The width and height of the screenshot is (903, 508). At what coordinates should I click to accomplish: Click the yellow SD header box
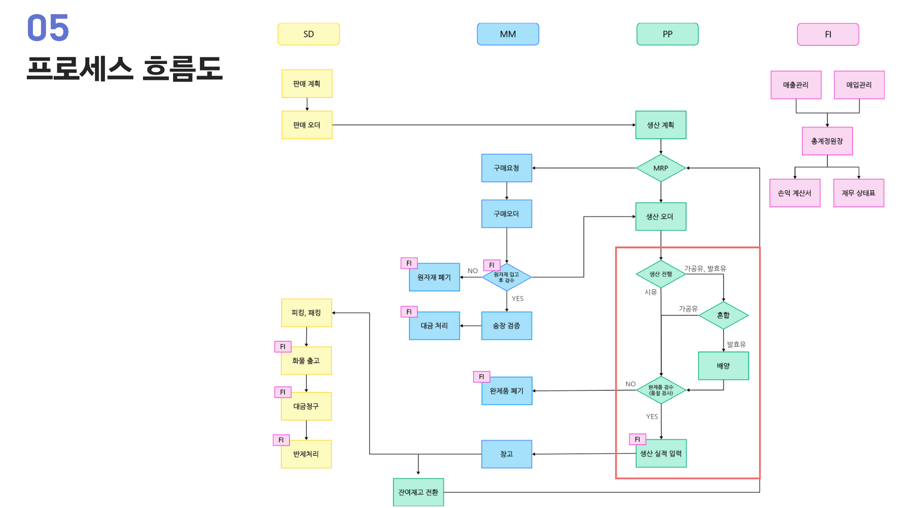(x=309, y=34)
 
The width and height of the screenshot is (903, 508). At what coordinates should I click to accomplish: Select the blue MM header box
(x=508, y=34)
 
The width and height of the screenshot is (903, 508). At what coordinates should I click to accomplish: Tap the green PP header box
(x=667, y=34)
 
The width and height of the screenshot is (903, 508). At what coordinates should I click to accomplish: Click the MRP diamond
(x=661, y=168)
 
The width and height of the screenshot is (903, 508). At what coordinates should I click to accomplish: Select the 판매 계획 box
(x=307, y=84)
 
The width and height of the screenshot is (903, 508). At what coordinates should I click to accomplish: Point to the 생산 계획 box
(x=661, y=125)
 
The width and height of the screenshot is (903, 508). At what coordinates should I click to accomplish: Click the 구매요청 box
(x=507, y=168)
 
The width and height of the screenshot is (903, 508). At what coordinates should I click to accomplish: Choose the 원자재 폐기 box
(x=434, y=277)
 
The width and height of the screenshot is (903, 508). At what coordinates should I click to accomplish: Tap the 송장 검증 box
(x=507, y=325)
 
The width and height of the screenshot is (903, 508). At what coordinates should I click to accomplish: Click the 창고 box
(x=507, y=454)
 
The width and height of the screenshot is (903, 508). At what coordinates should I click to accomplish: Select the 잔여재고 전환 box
(x=418, y=492)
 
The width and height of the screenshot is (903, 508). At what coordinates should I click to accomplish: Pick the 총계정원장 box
(x=827, y=141)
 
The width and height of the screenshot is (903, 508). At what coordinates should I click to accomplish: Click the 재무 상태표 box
(x=859, y=193)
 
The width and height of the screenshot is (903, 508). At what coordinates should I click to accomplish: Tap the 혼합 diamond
(x=723, y=315)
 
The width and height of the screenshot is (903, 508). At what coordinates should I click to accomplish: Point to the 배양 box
(x=723, y=365)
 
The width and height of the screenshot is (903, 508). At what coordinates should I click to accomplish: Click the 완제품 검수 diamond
(x=661, y=390)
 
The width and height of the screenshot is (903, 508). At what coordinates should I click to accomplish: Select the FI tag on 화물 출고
(x=283, y=347)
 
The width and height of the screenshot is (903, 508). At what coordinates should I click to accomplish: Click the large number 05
(x=48, y=28)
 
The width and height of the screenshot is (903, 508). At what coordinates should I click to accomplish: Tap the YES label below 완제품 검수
(x=652, y=417)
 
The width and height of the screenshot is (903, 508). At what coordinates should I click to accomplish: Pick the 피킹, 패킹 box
(x=307, y=313)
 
